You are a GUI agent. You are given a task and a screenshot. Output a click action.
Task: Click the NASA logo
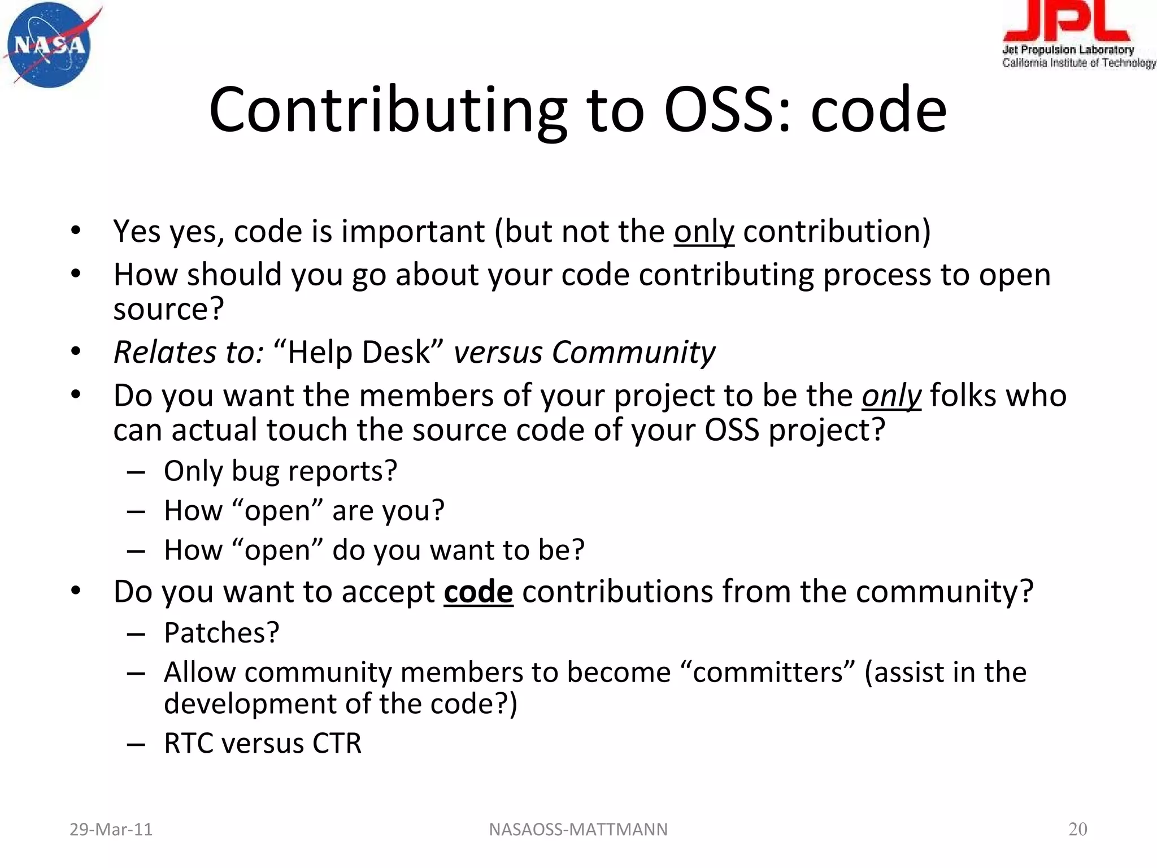pos(50,45)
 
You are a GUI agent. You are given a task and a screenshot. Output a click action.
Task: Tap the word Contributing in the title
pos(388,110)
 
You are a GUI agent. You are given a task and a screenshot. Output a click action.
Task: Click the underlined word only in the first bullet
pos(704,232)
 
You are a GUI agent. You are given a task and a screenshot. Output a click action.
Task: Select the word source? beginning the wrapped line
pos(168,309)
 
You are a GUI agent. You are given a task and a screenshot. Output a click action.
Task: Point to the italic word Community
pos(633,352)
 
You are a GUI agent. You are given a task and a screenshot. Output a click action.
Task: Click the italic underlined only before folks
pos(891,396)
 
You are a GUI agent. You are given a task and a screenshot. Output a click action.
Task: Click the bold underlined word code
pos(478,592)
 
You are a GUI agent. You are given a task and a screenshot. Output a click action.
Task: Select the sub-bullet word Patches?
pos(221,633)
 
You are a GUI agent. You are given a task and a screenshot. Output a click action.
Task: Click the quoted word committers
pos(768,672)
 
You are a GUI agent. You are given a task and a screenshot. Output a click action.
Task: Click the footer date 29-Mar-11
pos(111,830)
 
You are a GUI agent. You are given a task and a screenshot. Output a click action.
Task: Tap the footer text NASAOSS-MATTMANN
pos(578,830)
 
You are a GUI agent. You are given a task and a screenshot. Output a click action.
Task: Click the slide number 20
pos(1077,829)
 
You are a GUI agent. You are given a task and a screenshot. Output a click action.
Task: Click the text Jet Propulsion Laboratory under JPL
pos(1068,50)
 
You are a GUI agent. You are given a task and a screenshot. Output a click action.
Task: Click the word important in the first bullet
pos(412,232)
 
